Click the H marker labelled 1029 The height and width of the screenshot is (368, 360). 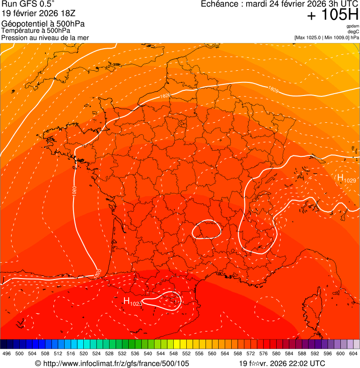pos(340,177)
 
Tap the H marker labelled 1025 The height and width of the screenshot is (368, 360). pos(126,301)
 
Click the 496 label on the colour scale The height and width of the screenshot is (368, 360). pos(7,353)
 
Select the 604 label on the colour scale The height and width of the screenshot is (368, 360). pos(353,353)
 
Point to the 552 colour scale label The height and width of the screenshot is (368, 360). pos(186,353)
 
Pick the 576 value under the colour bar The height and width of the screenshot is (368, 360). pos(264,353)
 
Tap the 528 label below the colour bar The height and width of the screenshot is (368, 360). pos(110,353)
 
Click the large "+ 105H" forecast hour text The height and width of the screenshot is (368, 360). pos(332,15)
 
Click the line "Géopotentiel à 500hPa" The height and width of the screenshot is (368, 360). pos(43,24)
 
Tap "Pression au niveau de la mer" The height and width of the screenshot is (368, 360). pos(45,37)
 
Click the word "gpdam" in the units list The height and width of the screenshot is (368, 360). pos(353,26)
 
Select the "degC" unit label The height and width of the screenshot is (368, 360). pos(353,31)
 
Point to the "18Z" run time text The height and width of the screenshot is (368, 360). pos(73,13)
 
